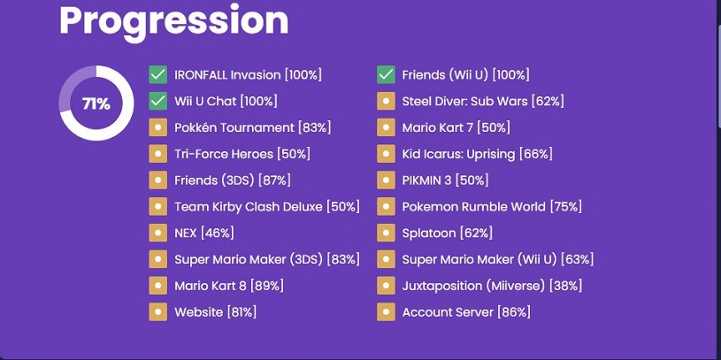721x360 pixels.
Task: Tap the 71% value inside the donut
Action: [x=96, y=103]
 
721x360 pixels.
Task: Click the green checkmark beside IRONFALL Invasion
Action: [x=157, y=74]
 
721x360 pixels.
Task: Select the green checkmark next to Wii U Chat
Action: [x=157, y=101]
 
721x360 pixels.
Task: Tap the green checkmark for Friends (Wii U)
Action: [x=386, y=74]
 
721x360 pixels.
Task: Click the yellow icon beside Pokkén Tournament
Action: [x=157, y=127]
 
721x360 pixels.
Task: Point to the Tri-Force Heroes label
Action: [x=224, y=154]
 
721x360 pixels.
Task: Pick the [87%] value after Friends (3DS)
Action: [x=274, y=180]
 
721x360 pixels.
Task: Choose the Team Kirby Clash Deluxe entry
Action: [x=267, y=207]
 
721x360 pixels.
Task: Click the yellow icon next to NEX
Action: [x=157, y=234]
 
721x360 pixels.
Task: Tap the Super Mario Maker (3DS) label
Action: [x=249, y=260]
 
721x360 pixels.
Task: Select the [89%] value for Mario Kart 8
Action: [x=267, y=286]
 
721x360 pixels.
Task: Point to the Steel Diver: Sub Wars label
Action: [x=464, y=101]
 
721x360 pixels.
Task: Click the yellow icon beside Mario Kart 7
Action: [x=386, y=127]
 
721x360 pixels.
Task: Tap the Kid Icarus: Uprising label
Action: [x=458, y=155]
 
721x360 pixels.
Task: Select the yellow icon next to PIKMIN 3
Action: [x=386, y=180]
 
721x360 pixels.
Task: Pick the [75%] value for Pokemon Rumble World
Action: [x=566, y=207]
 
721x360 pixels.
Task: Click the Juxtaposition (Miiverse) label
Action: [x=474, y=286]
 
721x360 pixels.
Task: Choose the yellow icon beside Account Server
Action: [x=386, y=312]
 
